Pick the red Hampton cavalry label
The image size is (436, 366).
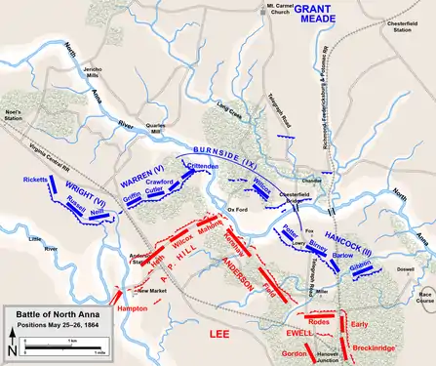click(x=132, y=308)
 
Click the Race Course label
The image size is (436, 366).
click(x=423, y=298)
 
